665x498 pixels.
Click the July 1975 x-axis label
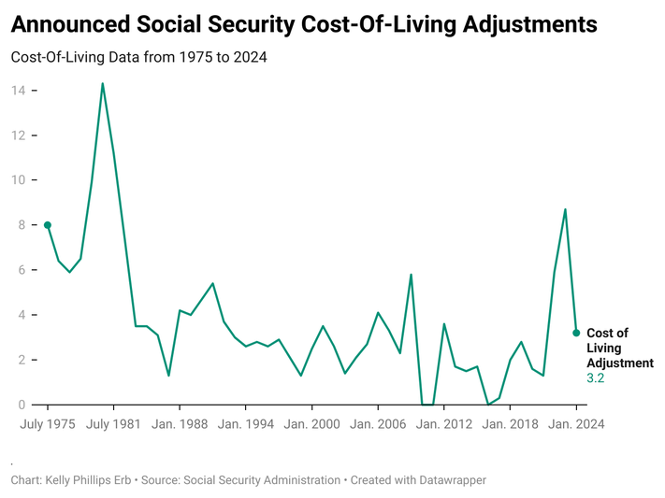tap(48, 424)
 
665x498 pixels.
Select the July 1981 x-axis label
tap(113, 424)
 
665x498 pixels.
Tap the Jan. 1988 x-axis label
tap(180, 424)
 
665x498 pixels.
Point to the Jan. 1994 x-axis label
tap(246, 424)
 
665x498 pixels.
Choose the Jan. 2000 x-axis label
tap(312, 424)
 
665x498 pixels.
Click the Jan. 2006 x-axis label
tap(378, 424)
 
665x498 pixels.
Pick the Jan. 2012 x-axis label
tap(444, 424)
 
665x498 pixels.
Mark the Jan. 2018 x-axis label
tap(511, 424)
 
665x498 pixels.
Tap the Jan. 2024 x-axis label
tap(576, 424)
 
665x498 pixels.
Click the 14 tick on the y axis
tap(18, 91)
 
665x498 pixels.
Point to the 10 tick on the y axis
tap(18, 180)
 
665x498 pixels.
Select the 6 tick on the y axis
tap(21, 270)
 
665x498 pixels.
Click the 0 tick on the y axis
tap(21, 405)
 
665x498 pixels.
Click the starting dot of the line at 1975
tap(48, 225)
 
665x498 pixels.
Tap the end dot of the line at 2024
tap(576, 333)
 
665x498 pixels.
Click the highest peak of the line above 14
tap(102, 84)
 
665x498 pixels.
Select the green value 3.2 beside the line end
tap(596, 378)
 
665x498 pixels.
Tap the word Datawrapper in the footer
tap(451, 480)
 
